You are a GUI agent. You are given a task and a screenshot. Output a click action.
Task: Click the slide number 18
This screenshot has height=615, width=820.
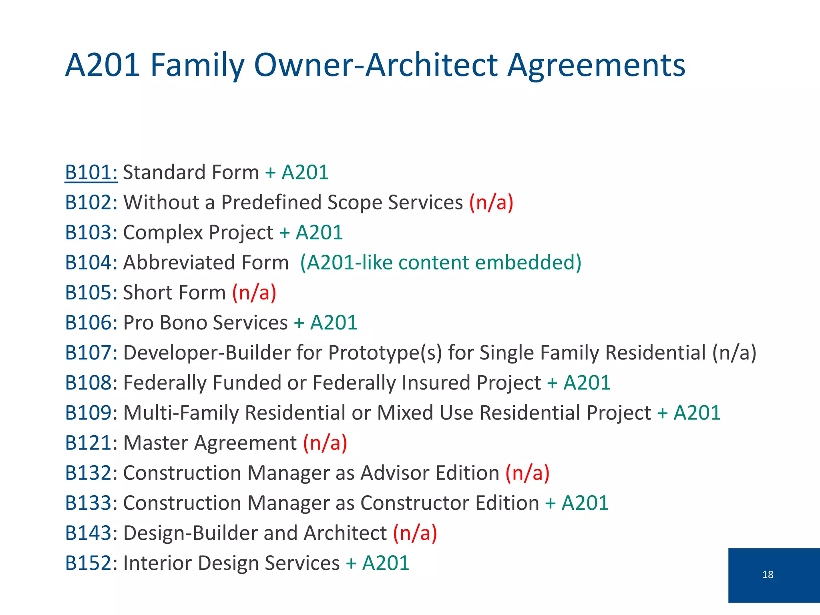tap(768, 575)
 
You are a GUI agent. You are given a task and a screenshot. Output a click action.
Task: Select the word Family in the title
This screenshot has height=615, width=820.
tap(197, 65)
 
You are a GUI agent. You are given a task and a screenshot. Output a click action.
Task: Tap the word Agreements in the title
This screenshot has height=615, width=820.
tap(596, 65)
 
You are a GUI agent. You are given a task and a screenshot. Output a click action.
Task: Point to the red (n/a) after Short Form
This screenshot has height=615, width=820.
tap(254, 293)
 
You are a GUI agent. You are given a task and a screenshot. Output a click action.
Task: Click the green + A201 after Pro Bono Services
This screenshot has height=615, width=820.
tap(326, 323)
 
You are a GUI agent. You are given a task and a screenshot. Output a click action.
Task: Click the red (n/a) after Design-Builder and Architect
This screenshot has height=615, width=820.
tap(415, 533)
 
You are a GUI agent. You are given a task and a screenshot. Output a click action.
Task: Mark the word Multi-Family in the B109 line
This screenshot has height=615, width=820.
tap(181, 413)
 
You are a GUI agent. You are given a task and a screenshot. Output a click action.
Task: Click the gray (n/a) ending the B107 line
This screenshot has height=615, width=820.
tap(734, 353)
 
